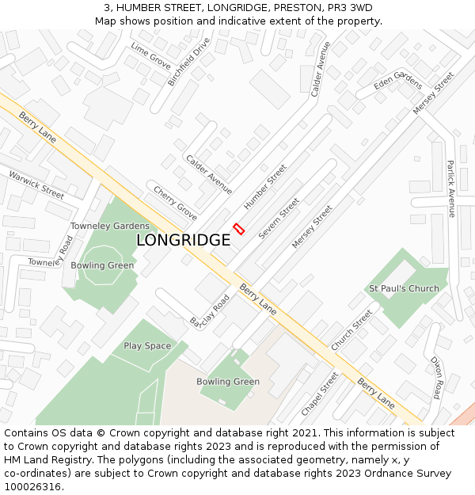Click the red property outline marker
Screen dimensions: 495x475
tap(239, 229)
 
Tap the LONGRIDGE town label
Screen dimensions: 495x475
tap(183, 240)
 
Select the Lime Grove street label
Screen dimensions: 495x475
tap(150, 56)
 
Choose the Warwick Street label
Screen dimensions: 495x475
tap(36, 183)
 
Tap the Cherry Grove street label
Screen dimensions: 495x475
tap(175, 204)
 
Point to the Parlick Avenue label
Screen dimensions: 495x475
tap(450, 188)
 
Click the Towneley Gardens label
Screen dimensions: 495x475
tap(109, 227)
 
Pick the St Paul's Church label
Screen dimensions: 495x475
tap(404, 288)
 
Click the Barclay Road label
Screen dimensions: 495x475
tap(209, 311)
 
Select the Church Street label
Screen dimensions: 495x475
tap(351, 330)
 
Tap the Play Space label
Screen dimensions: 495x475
tap(147, 346)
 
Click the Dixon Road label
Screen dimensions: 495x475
tap(436, 377)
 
